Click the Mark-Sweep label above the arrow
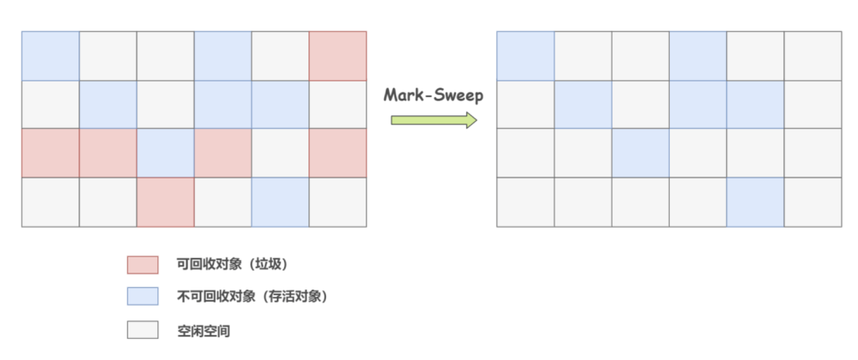[x=433, y=96]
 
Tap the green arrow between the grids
[x=434, y=120]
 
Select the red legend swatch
[x=143, y=264]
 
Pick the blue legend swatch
[x=143, y=296]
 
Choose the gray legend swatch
[x=143, y=330]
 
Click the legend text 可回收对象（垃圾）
[x=232, y=264]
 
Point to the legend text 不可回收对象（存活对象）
[x=252, y=296]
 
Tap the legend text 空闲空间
[x=204, y=331]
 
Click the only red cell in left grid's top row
[x=337, y=56]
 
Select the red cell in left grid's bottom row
[x=165, y=202]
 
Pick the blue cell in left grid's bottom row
[x=280, y=202]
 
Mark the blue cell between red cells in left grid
[x=165, y=153]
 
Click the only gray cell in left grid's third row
[x=280, y=153]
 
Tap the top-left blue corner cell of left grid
[x=50, y=56]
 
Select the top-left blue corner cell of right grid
[x=525, y=56]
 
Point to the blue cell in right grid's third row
[x=640, y=153]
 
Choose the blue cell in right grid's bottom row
[x=755, y=202]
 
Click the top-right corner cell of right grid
[x=812, y=56]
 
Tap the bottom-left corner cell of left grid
[x=50, y=202]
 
